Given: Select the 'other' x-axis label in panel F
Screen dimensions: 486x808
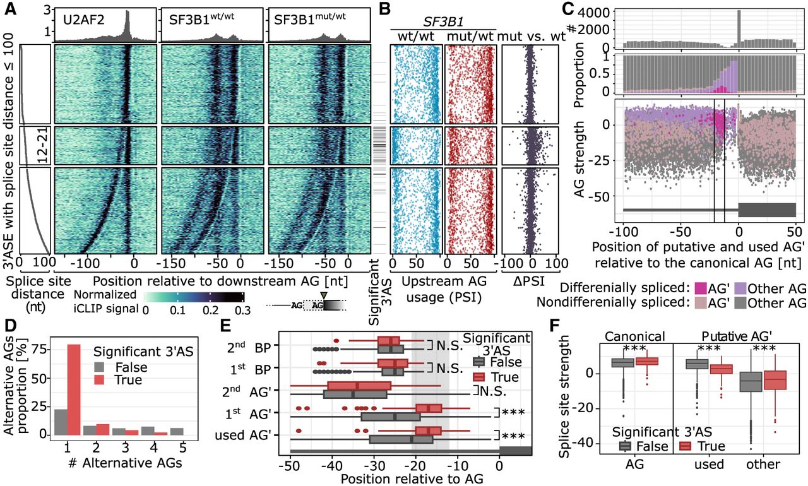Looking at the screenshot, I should pos(763,465).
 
